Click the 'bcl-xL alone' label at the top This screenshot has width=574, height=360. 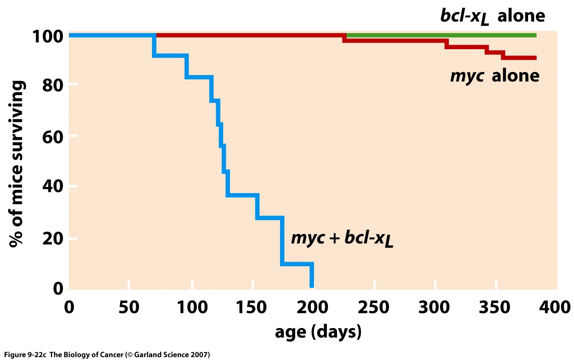[x=492, y=16]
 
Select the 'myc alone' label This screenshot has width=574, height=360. [x=494, y=76]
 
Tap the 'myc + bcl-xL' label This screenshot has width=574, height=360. [x=342, y=238]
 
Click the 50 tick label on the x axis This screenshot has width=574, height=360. [x=129, y=308]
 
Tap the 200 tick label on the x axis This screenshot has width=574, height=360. [x=312, y=308]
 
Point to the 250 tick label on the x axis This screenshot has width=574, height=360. [x=373, y=308]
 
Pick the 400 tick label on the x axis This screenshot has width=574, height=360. [x=555, y=308]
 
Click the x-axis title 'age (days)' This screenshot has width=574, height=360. [x=318, y=331]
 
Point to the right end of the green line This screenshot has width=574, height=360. [x=535, y=35]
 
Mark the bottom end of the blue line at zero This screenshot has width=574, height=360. [x=312, y=286]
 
